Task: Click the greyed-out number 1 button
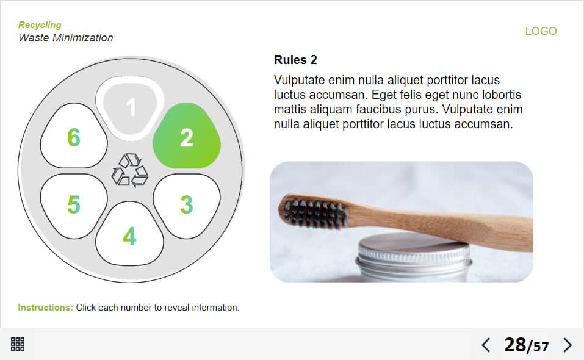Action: coord(130,108)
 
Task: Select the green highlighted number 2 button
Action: coord(187,136)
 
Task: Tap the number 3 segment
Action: coord(187,206)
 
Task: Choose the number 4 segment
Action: coord(129,234)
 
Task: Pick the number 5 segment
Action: coord(74,206)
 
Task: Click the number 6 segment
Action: coord(74,136)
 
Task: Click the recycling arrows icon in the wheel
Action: coord(130,170)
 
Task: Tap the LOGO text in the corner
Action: coord(541,31)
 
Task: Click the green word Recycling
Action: coord(40,25)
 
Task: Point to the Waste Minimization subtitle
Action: coord(65,38)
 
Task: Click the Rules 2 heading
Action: coord(295,60)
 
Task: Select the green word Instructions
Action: coord(45,308)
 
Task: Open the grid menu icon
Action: coord(18,344)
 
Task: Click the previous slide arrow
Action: coord(486,345)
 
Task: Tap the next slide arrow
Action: coord(568,345)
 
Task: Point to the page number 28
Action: coord(515,345)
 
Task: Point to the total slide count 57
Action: coord(541,347)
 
